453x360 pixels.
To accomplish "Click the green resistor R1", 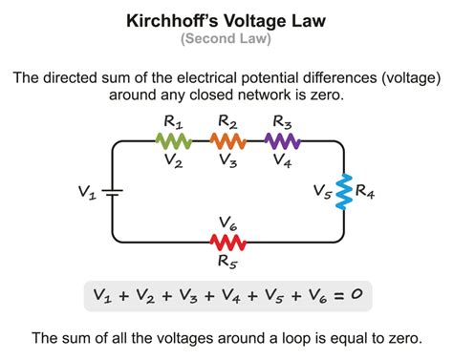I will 174,141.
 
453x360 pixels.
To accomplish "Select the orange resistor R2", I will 228,141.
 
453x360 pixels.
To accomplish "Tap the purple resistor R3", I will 283,141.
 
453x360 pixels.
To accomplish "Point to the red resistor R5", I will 228,240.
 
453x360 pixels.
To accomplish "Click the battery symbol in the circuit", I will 113,191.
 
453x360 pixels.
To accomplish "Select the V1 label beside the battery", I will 87,192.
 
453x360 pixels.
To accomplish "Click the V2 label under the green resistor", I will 175,162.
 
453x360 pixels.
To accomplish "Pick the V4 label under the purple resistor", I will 284,162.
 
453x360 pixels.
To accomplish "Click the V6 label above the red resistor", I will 228,222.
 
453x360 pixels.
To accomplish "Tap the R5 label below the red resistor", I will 228,260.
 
